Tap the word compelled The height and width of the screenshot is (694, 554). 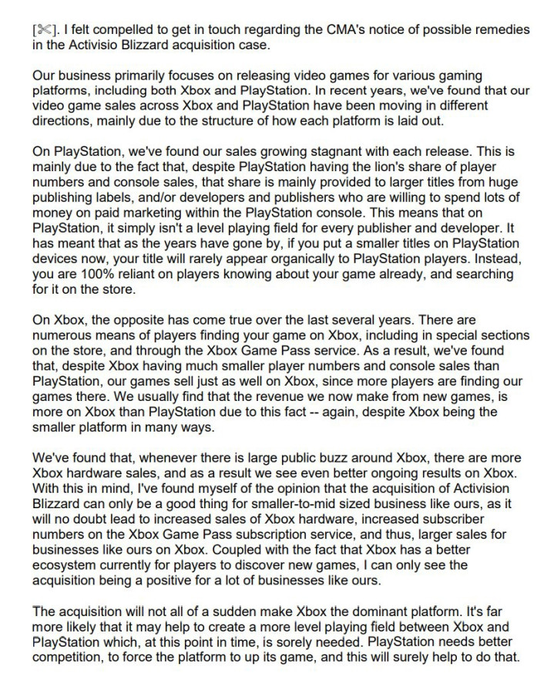129,29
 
